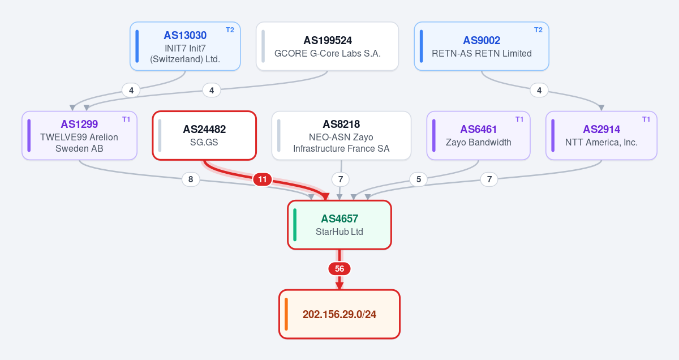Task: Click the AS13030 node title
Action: [185, 36]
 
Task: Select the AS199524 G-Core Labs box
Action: [327, 46]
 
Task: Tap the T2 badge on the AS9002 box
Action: [538, 30]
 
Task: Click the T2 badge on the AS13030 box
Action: [230, 30]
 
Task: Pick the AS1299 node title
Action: [79, 124]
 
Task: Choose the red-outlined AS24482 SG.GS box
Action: [204, 135]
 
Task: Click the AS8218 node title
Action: [341, 124]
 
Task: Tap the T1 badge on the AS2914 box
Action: [646, 119]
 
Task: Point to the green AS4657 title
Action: [339, 218]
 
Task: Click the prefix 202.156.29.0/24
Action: [339, 315]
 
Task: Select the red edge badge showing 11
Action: [263, 179]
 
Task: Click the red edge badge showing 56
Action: [339, 269]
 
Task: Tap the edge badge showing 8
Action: [191, 179]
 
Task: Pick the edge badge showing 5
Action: [419, 179]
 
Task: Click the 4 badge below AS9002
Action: [539, 91]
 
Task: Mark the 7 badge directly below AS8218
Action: [341, 179]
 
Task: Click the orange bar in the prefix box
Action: [286, 314]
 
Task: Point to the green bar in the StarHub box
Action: [295, 225]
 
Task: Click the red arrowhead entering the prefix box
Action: [339, 286]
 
